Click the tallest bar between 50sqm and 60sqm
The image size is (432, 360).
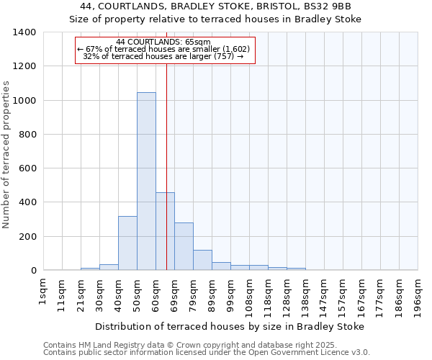[146, 181]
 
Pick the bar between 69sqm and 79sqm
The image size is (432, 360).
[184, 246]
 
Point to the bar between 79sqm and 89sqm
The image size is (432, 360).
[202, 260]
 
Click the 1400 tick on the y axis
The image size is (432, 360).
[26, 32]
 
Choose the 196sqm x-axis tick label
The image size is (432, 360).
[418, 294]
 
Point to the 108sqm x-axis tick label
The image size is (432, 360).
[249, 294]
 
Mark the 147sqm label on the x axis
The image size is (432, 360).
[324, 294]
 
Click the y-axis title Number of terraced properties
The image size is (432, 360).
[7, 154]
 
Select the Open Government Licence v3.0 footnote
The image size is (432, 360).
[206, 353]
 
